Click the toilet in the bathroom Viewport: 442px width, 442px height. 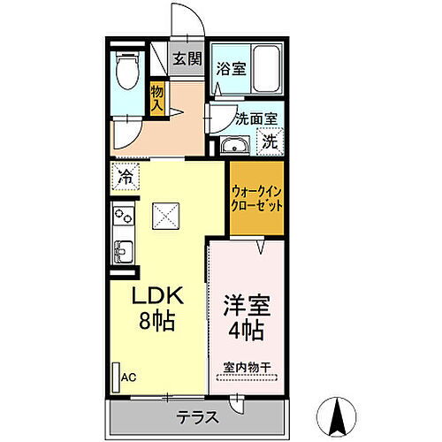click(x=127, y=71)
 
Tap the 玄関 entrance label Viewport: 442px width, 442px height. click(x=185, y=59)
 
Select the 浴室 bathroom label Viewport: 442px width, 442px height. click(x=231, y=66)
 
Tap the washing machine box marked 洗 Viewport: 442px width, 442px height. click(x=269, y=139)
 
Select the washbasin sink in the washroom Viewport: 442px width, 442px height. click(x=234, y=146)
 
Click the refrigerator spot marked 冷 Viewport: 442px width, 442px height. click(x=126, y=176)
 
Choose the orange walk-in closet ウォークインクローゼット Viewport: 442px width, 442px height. click(x=256, y=197)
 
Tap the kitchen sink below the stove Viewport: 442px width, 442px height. click(x=122, y=248)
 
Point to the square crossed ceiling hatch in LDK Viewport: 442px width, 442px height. click(x=165, y=215)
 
